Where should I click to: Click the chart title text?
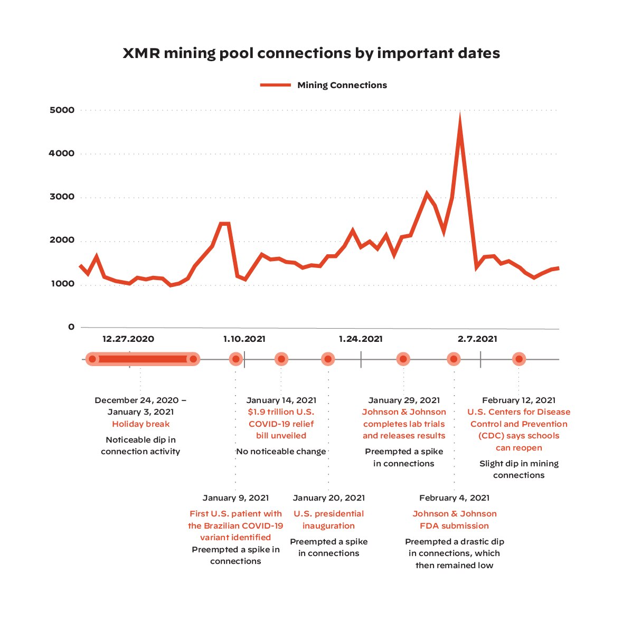point(311,53)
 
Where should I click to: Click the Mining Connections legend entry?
point(324,85)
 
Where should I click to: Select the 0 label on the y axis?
point(71,327)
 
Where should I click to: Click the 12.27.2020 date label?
point(128,339)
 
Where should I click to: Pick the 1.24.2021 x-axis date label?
point(361,339)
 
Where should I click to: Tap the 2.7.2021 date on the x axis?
point(477,339)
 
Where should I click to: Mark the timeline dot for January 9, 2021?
point(236,359)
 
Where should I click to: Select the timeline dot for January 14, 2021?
point(281,359)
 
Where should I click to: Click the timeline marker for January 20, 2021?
point(328,359)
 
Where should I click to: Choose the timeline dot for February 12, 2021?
point(519,359)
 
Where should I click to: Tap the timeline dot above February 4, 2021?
point(454,359)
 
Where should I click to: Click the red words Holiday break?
point(140,424)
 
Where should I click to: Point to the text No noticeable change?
point(281,452)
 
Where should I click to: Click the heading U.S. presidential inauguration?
point(328,520)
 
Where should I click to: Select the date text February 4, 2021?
point(454,498)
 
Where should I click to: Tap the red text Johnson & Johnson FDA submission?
point(454,520)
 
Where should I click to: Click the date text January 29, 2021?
point(404,400)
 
